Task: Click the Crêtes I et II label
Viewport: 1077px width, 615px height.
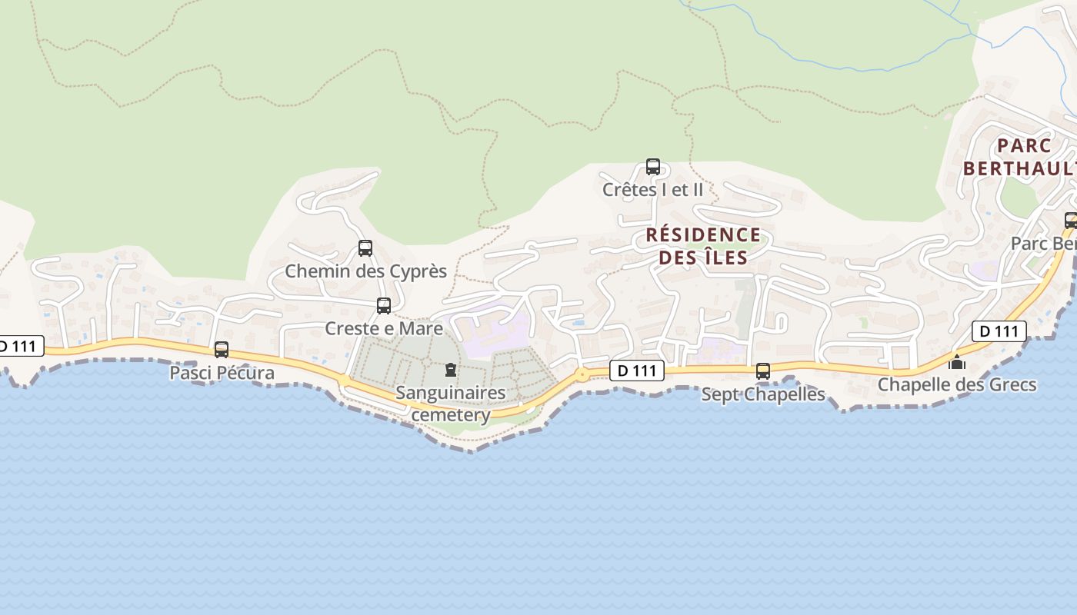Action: pos(652,189)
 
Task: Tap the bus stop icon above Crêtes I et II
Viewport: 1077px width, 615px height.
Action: pos(653,166)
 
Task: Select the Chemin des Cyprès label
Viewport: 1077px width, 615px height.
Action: pos(365,271)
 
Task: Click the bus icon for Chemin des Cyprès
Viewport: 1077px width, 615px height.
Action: pos(365,248)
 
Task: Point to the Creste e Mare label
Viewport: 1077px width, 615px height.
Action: pos(384,328)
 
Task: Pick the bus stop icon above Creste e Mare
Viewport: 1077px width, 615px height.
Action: pos(384,305)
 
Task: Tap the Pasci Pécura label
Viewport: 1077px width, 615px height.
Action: pos(222,373)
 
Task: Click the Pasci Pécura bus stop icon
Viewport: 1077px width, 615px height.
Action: pos(222,350)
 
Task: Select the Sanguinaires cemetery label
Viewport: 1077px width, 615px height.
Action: pos(451,404)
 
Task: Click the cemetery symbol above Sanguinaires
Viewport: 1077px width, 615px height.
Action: pos(451,371)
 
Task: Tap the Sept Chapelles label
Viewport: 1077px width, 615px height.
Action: pos(763,394)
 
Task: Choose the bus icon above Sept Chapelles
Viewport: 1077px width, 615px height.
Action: pos(763,371)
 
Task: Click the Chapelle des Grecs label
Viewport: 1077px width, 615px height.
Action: pos(957,384)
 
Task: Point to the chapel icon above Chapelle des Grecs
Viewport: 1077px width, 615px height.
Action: pos(957,362)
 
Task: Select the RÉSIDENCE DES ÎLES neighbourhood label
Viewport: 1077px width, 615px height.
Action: pos(703,245)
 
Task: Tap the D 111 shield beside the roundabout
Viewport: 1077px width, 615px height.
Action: pos(637,371)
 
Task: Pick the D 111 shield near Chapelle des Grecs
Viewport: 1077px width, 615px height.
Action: pos(999,331)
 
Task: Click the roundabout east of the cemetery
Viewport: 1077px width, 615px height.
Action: pos(582,374)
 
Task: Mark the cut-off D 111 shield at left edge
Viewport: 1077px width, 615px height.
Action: pos(20,346)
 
